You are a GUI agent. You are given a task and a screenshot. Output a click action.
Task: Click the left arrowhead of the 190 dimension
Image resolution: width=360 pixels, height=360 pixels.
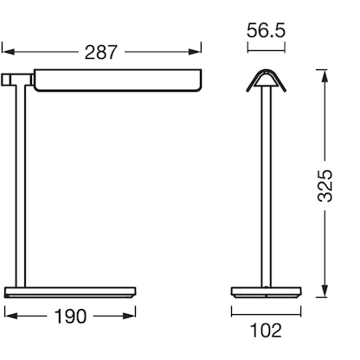pos(7,317)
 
